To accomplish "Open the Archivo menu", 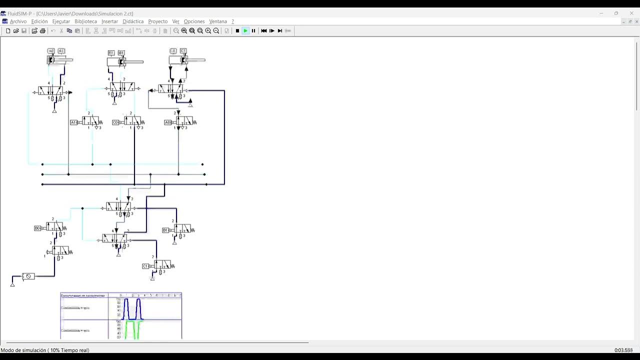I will point(18,21).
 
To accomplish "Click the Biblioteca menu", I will point(85,21).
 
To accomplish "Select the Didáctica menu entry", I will point(133,21).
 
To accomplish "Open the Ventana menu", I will point(218,21).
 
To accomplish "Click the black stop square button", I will point(237,31).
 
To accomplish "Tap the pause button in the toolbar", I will point(253,31).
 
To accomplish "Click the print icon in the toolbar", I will point(42,31).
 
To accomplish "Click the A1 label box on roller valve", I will point(73,122).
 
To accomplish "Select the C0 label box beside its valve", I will point(115,122).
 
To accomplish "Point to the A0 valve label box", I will point(167,122).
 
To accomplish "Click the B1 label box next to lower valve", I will point(165,230).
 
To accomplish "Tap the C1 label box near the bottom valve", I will point(145,266).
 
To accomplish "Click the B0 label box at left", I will point(37,228).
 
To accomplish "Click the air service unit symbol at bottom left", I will point(28,276).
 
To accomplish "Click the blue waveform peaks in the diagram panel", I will point(132,308).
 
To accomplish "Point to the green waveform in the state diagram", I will point(132,330).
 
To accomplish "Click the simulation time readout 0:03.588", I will point(623,350).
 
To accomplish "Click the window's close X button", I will point(631,13).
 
